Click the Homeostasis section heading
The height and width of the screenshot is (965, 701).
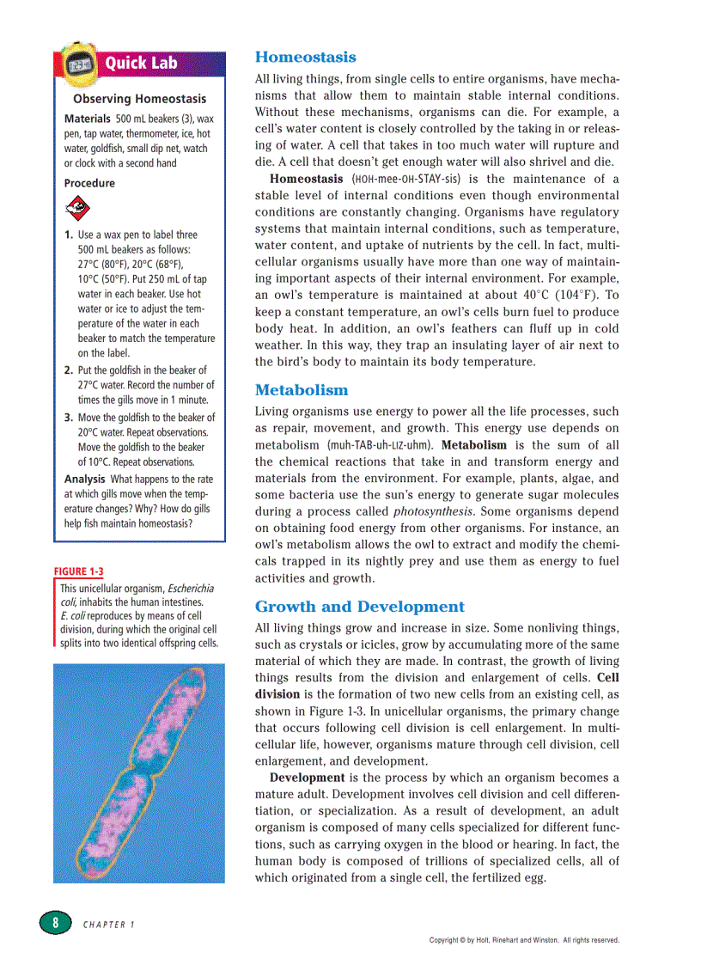click(x=305, y=58)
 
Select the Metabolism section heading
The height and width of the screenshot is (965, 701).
click(x=302, y=390)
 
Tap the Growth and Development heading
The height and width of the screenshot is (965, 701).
click(x=360, y=607)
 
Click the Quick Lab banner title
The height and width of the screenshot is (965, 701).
click(x=142, y=63)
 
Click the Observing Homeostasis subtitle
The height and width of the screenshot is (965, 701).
click(x=139, y=99)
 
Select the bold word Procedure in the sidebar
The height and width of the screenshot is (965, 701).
click(x=89, y=183)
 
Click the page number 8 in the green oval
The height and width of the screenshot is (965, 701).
click(x=55, y=922)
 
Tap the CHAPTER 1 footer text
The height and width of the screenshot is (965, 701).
click(x=109, y=925)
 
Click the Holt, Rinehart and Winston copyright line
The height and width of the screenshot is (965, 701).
click(x=524, y=940)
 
